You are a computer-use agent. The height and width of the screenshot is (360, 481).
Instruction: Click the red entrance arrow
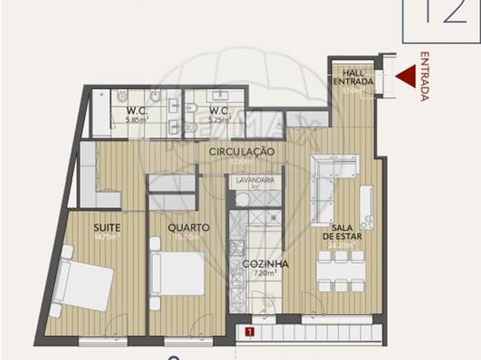pos(407,76)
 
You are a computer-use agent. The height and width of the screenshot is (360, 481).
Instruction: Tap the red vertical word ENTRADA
pos(425,76)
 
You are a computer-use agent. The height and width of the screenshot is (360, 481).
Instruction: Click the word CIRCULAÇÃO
pos(241,152)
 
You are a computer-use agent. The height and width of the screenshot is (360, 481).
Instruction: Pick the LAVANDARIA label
pos(255,181)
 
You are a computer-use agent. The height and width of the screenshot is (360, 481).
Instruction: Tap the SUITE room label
pos(108,227)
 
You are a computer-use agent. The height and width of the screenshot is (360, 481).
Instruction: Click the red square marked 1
pos(249,330)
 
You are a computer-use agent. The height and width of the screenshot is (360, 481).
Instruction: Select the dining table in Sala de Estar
pos(340,271)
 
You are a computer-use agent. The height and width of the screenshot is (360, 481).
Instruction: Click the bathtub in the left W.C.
pos(101,113)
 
